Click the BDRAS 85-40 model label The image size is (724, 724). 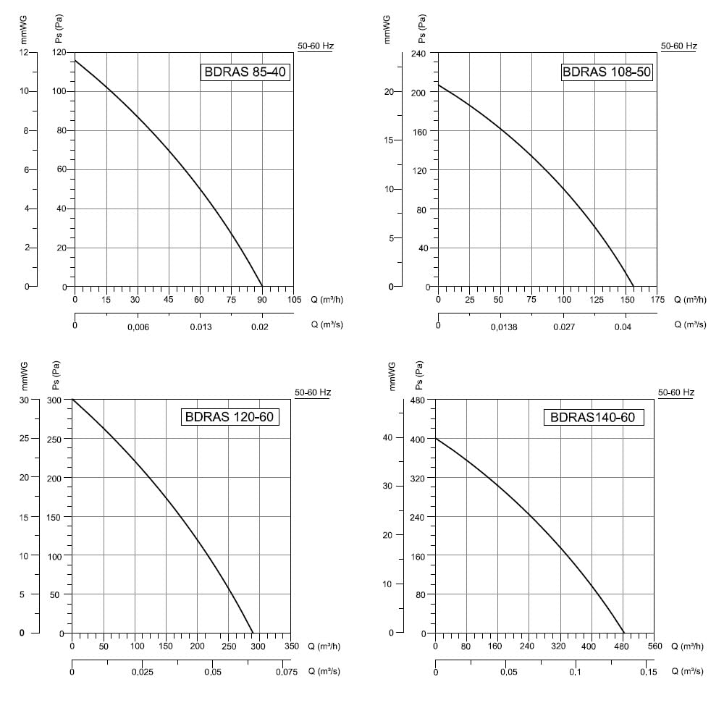tap(245, 72)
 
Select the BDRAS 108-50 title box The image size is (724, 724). tap(607, 72)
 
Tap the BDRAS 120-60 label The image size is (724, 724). tap(230, 417)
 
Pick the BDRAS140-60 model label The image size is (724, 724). tap(594, 418)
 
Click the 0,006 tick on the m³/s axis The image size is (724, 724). tap(138, 327)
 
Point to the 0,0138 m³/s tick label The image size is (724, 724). tap(504, 327)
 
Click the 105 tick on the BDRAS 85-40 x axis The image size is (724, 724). tap(294, 300)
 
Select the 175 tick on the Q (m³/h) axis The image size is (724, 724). tap(657, 300)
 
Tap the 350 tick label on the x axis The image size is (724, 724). tap(291, 646)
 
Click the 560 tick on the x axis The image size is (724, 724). tap(654, 646)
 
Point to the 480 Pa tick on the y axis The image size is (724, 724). tap(418, 400)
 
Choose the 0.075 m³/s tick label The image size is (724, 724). tap(287, 672)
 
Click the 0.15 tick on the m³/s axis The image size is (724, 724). tap(648, 672)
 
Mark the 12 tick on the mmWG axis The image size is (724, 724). tap(24, 52)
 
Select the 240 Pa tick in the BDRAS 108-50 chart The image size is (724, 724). tap(418, 54)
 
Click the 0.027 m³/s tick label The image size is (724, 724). tap(564, 327)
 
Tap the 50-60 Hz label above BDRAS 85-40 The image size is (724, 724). tap(316, 46)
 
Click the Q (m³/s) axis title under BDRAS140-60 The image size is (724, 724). tap(688, 671)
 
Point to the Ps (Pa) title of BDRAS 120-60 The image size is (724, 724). tap(56, 375)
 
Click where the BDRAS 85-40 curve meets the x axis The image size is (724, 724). tap(262, 287)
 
